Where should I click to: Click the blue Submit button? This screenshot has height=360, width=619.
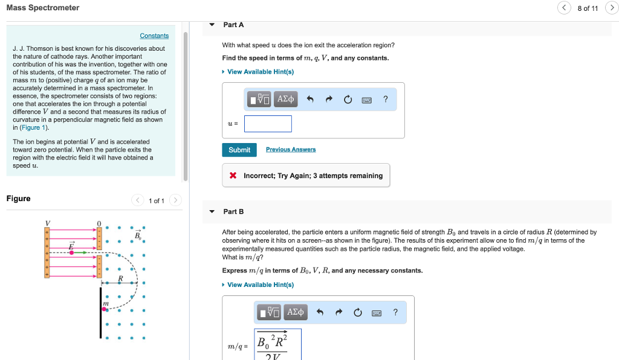(239, 150)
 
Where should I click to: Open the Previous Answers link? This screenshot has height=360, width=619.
(291, 150)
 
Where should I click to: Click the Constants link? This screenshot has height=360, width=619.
(154, 36)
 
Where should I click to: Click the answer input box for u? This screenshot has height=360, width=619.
(268, 124)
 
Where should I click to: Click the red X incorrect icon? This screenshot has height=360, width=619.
(233, 176)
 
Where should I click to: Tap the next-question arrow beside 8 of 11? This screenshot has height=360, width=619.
(611, 8)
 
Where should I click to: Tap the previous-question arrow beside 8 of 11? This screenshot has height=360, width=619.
(564, 8)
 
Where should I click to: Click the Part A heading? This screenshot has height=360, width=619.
(233, 25)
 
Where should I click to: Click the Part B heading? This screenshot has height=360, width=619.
(233, 212)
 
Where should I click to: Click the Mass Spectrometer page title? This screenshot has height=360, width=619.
(42, 8)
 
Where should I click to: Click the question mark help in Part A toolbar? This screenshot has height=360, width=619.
(386, 100)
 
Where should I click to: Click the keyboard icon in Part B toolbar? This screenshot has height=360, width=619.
(376, 313)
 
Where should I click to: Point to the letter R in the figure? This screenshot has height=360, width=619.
(120, 278)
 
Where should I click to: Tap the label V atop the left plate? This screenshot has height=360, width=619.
(47, 223)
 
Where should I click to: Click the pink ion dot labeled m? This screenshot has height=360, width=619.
(104, 309)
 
